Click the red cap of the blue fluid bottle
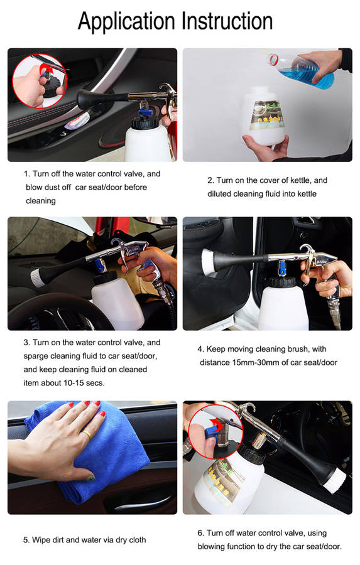[x=273, y=60]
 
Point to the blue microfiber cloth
[x=87, y=454]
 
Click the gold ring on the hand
[x=87, y=434]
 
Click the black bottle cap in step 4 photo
[x=283, y=282]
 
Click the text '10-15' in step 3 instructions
[x=74, y=383]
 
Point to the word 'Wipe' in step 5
[x=40, y=540]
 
